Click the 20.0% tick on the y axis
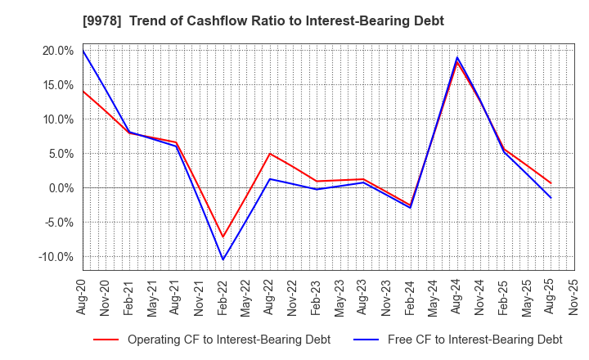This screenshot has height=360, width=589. tap(58, 50)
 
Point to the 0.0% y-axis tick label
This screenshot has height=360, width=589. tap(61, 188)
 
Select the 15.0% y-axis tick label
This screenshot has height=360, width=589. tap(58, 84)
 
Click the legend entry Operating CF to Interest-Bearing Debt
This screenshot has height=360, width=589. tap(212, 340)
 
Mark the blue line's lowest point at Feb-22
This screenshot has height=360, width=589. tap(223, 260)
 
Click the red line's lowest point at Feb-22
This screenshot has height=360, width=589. tap(223, 237)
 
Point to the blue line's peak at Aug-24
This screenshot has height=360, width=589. tap(457, 57)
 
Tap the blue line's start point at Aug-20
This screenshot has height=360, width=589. tap(83, 51)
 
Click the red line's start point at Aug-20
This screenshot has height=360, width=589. tap(83, 91)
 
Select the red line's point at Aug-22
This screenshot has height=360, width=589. tap(269, 154)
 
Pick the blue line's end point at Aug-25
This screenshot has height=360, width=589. tap(551, 198)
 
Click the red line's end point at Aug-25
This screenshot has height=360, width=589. tap(551, 183)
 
